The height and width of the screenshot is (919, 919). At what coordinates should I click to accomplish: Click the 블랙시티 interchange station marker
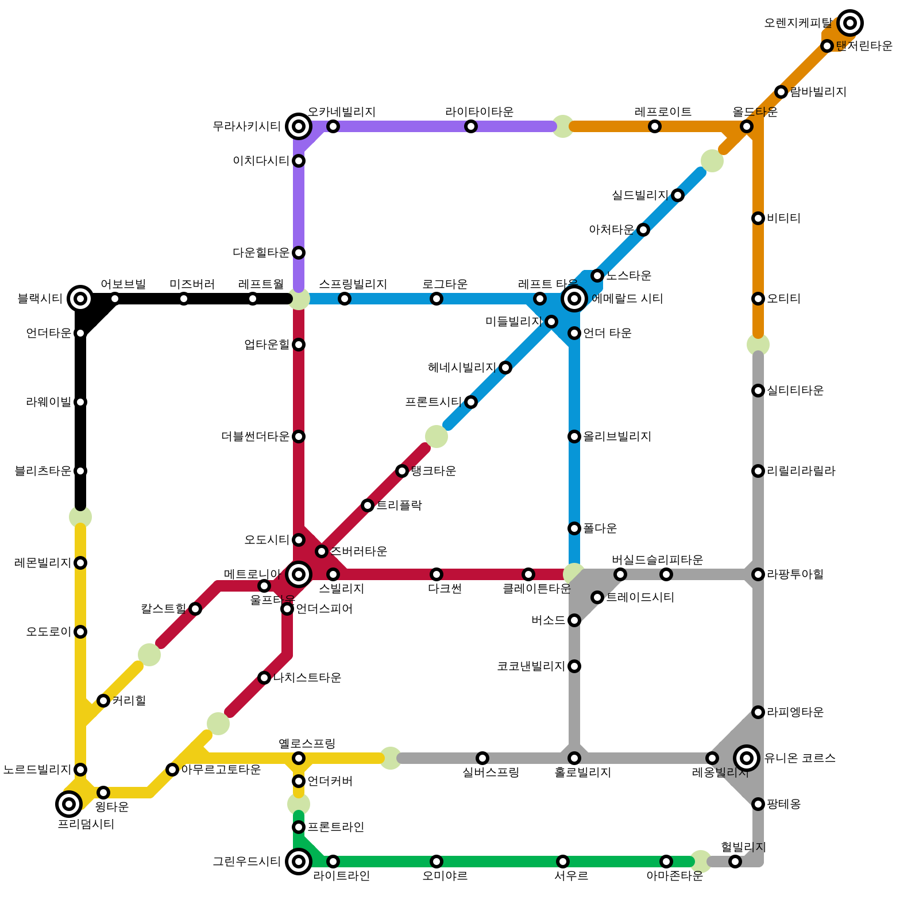(x=80, y=298)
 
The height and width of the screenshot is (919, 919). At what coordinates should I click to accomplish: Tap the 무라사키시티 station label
(x=246, y=126)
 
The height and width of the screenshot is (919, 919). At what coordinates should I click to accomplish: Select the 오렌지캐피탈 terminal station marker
(x=850, y=23)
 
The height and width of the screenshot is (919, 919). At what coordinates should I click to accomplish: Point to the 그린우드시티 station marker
(x=299, y=861)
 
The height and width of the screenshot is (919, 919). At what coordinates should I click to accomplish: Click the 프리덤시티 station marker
(x=69, y=804)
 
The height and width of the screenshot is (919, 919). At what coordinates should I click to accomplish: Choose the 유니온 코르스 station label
(x=800, y=758)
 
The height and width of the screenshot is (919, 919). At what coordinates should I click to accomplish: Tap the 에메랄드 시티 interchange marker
(x=574, y=298)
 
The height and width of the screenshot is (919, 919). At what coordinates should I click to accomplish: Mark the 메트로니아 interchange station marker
(x=299, y=574)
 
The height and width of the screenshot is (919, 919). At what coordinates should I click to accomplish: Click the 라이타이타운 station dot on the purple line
(x=471, y=126)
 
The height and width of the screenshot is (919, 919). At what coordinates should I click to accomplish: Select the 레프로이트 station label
(x=663, y=111)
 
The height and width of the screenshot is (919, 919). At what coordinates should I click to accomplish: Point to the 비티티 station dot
(x=758, y=218)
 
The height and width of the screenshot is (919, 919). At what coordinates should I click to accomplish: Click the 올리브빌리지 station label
(x=617, y=437)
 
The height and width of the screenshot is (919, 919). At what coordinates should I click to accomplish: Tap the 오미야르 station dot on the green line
(x=437, y=862)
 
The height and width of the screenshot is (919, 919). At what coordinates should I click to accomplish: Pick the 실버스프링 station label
(x=491, y=773)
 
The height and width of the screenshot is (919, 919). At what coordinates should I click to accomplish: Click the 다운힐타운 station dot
(x=299, y=253)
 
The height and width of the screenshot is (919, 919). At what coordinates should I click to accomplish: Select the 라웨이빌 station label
(x=48, y=402)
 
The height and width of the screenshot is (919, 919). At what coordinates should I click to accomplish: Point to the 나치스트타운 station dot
(x=264, y=678)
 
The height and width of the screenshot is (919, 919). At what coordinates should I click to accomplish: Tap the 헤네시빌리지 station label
(x=462, y=368)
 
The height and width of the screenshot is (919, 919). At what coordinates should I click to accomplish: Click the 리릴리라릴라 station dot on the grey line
(x=758, y=471)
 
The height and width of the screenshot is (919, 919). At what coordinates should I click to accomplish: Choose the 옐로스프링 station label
(x=307, y=744)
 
